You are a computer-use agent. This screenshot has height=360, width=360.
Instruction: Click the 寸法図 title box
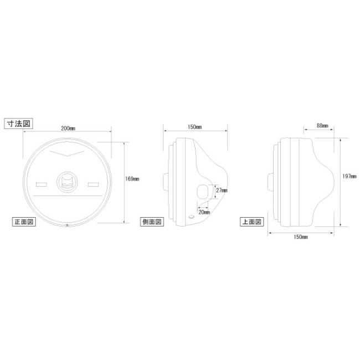coord(19,124)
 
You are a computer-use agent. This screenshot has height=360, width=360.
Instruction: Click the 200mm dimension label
coord(68,128)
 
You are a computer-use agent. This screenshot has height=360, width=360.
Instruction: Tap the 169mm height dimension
coord(132,179)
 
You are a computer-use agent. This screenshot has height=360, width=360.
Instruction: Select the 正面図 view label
coord(24,222)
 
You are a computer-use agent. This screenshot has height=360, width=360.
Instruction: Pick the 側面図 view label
coord(152,222)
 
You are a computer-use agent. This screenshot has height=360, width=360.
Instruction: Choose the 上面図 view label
coord(252,222)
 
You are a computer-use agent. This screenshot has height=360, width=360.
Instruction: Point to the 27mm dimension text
coord(222,191)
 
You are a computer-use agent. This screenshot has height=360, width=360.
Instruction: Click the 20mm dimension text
coord(204,212)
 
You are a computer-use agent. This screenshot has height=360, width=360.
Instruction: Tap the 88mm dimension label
coord(322,126)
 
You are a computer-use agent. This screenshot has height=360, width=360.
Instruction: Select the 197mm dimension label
coord(349,176)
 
